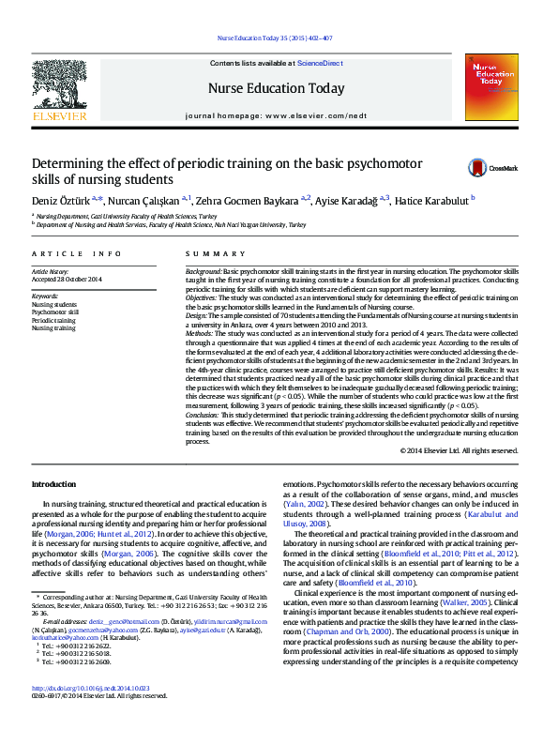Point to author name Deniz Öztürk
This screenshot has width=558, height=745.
pos(53,200)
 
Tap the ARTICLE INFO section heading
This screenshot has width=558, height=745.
pos(77,254)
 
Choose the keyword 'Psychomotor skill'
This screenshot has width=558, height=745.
pos(56,312)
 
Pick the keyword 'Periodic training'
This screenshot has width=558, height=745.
pos(54,320)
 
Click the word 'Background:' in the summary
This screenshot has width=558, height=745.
pos(204,270)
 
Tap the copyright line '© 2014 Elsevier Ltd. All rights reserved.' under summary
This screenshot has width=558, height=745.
pos(459,451)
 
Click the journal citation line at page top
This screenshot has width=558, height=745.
pos(275,38)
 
